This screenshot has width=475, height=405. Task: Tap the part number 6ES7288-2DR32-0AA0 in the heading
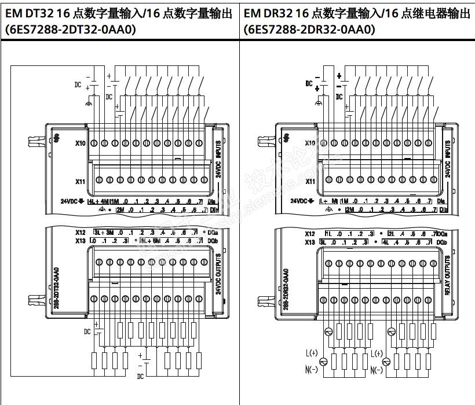(x=310, y=30)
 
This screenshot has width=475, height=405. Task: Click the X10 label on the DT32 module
(x=80, y=142)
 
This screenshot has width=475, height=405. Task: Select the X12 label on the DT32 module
(x=81, y=233)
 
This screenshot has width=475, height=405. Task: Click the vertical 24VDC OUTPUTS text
(x=218, y=273)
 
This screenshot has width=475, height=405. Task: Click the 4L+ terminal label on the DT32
(x=95, y=201)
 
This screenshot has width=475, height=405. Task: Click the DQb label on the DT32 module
(x=213, y=240)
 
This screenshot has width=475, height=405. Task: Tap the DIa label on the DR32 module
(x=441, y=201)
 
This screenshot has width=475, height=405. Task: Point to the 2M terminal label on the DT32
(x=120, y=209)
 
